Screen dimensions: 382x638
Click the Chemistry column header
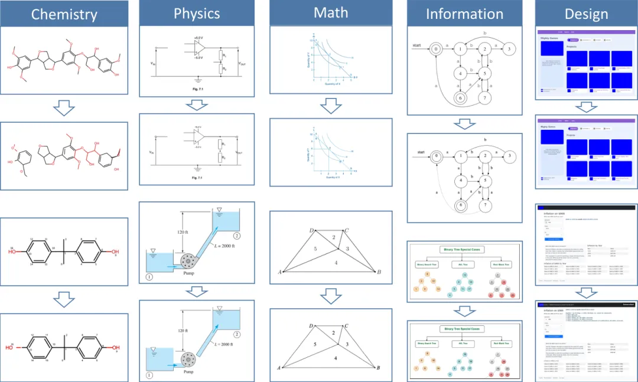click(x=64, y=14)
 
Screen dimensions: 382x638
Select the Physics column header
click(x=197, y=14)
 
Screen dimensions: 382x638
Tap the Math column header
click(x=331, y=13)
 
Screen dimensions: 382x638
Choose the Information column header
click(x=464, y=14)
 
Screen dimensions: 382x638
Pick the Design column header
click(x=587, y=14)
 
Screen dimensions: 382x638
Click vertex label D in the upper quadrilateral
click(x=311, y=230)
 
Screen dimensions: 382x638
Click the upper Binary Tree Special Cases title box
click(x=463, y=249)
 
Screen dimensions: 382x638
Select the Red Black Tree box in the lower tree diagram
click(x=502, y=343)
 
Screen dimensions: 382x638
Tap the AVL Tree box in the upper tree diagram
click(x=464, y=265)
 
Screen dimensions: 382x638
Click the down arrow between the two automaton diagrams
click(x=464, y=124)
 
